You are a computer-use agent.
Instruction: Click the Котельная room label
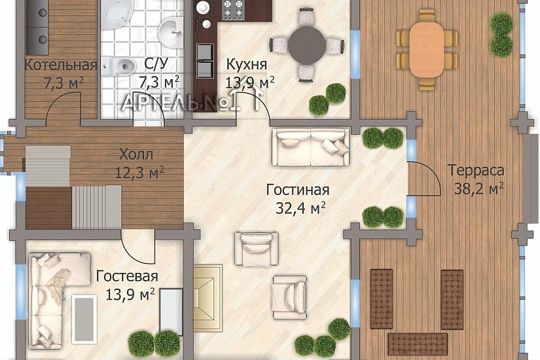pos(60,65)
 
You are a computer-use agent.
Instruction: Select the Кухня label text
pos(247,64)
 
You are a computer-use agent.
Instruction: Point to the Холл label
pos(136,155)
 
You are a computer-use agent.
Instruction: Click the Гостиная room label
pos(297,190)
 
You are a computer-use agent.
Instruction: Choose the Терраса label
pos(476,171)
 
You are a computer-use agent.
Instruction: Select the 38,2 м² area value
pos(478,189)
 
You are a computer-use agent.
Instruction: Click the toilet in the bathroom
pos(120,65)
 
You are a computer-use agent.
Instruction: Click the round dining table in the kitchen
pos(308,45)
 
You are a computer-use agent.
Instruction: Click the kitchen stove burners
pos(234,10)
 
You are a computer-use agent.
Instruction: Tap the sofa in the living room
pos(311,147)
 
